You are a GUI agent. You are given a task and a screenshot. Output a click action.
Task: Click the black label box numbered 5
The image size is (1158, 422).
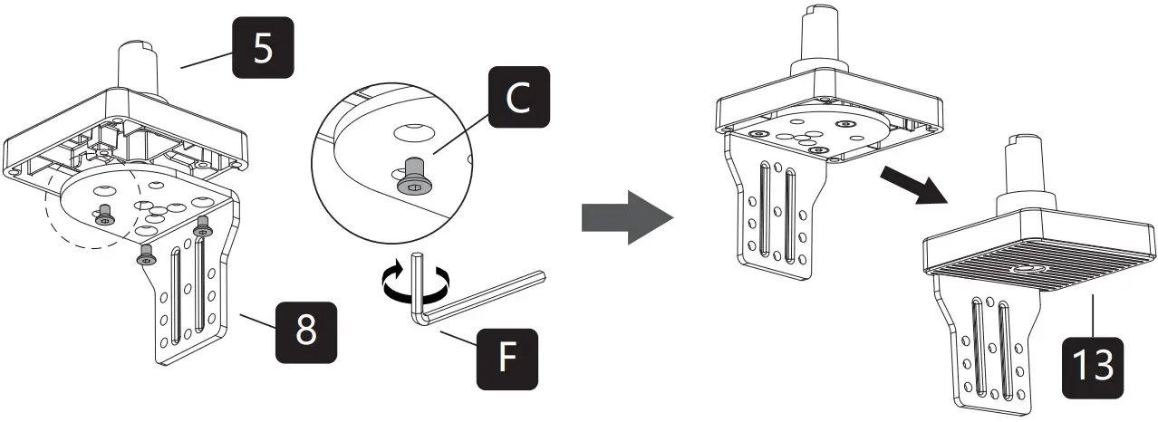262,50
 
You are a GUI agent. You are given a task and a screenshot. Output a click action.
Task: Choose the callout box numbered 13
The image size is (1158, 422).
1093,368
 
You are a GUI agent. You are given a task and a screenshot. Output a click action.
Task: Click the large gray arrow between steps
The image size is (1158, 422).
626,217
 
